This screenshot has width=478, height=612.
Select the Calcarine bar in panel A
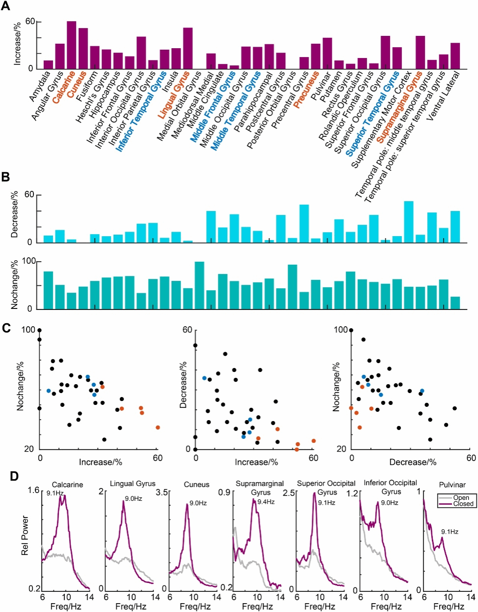point(71,45)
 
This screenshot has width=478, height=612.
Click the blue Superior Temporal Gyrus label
point(373,114)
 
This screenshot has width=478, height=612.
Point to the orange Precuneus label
point(306,91)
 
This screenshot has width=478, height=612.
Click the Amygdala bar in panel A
point(48,64)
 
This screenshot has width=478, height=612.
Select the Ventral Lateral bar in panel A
point(455,56)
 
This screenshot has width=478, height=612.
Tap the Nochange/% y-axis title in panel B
point(15,285)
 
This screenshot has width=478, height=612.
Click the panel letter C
point(6,328)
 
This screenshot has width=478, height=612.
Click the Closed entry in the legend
point(463,504)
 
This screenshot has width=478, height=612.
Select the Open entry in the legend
point(461,498)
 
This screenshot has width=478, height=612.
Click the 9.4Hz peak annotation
point(266,502)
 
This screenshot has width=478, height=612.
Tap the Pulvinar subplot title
point(452,485)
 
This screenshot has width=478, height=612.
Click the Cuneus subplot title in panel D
point(196,485)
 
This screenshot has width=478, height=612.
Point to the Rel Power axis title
point(25,536)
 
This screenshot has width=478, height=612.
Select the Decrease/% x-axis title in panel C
point(413,462)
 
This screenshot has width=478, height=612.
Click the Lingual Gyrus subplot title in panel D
point(132,484)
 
